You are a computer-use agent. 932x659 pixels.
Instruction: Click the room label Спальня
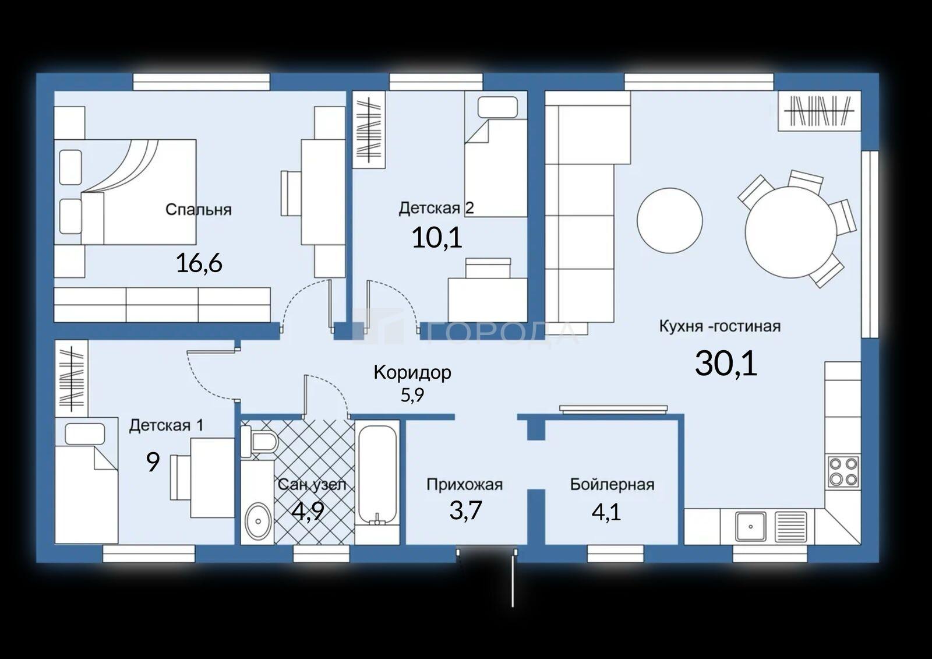[x=199, y=209]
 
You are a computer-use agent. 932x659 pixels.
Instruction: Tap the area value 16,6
[x=199, y=263]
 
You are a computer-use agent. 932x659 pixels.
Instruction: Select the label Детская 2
[x=436, y=208]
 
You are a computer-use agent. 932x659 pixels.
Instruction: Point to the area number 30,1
[x=726, y=363]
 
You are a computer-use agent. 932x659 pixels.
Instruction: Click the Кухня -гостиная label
[x=720, y=326]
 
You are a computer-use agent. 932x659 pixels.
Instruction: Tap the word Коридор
[x=412, y=372]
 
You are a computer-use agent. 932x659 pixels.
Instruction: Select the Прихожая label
[x=465, y=484]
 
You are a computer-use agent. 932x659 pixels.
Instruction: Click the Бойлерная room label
[x=612, y=485]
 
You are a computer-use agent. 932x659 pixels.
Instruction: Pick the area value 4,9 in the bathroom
[x=308, y=511]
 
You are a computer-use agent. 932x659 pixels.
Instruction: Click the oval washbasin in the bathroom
[x=259, y=521]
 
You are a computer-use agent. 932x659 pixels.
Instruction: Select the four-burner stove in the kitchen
[x=842, y=471]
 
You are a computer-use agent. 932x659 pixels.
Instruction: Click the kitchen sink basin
[x=751, y=526]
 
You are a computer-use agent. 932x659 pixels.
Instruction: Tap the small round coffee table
[x=670, y=220]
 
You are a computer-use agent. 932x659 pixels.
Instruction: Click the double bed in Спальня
[x=125, y=192]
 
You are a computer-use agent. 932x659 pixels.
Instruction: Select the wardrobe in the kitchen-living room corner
[x=819, y=111]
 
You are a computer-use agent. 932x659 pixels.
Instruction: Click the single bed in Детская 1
[x=87, y=481]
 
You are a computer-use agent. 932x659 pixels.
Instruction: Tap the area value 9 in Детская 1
[x=153, y=461]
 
